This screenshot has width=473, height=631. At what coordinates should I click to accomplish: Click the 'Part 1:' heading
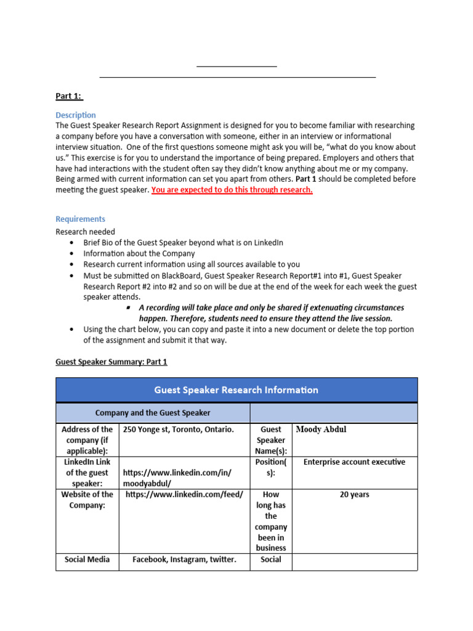69,96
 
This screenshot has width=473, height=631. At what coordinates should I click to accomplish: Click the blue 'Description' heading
76,115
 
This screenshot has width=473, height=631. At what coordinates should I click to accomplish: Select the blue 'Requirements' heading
80,219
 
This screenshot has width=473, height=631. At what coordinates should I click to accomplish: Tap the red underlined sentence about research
232,190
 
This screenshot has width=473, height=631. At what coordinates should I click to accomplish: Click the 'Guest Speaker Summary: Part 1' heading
111,362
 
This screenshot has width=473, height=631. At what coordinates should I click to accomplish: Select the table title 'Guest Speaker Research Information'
236,390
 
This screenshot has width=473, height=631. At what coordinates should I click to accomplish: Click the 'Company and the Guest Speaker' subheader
153,413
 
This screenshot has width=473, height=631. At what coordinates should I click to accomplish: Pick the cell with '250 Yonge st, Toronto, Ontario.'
179,429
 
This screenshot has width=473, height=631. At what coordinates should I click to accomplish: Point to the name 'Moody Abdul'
321,429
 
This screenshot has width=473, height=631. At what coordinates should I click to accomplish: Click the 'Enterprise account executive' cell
354,462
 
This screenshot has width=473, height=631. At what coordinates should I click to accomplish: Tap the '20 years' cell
354,494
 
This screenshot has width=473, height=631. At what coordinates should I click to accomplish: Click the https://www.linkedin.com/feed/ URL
184,494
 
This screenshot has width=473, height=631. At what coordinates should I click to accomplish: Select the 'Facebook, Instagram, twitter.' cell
184,560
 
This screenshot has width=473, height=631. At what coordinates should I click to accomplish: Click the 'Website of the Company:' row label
87,500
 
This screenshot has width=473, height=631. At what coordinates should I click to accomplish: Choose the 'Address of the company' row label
87,440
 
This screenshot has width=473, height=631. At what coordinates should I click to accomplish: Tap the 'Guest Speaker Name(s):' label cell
271,440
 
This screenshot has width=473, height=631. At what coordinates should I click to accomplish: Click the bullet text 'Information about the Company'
139,253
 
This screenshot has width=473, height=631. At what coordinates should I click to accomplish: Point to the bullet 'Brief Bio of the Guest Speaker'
183,243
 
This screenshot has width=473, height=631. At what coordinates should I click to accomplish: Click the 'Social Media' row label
87,560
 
